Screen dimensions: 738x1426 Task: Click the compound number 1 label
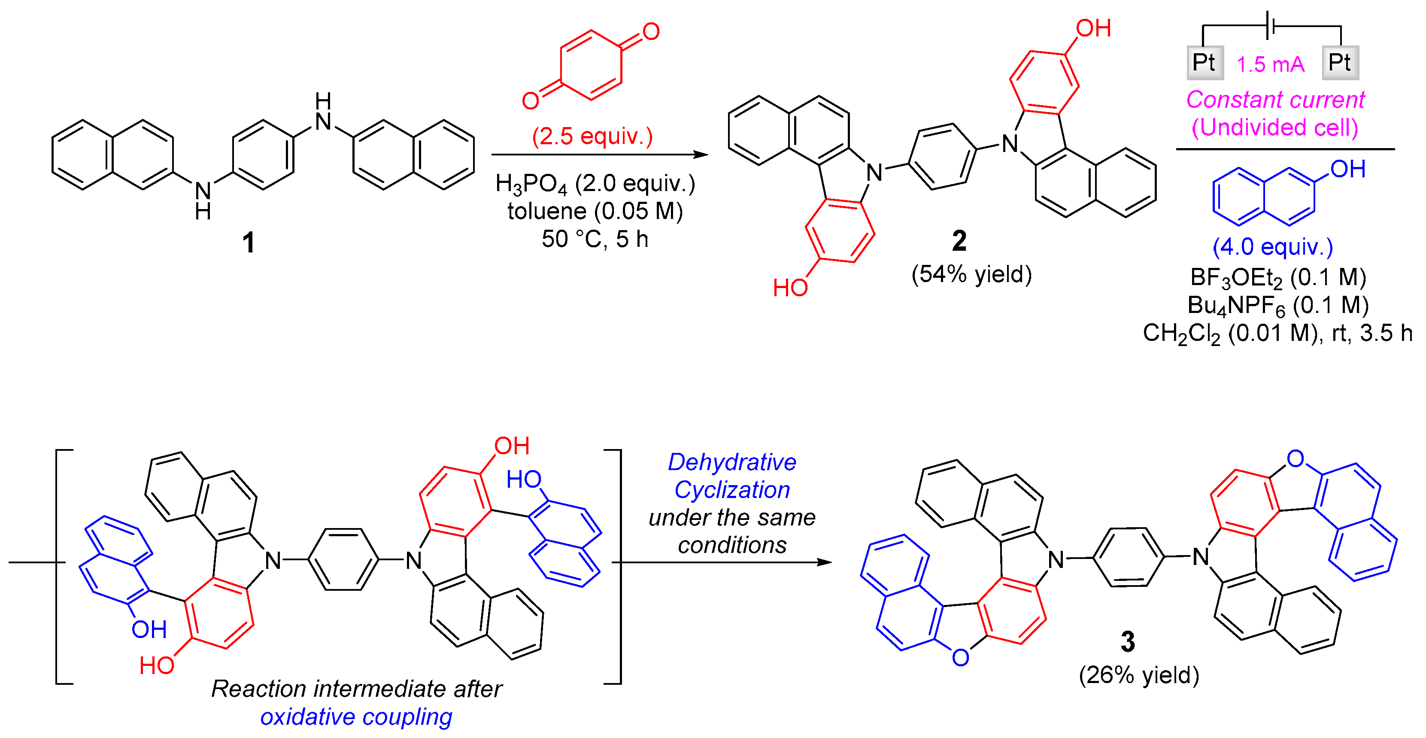(249, 243)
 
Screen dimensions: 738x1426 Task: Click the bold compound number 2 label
(959, 241)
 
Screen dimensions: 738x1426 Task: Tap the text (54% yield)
(971, 274)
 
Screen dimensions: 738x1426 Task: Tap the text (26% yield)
(1139, 675)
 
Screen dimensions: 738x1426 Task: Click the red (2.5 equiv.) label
(592, 136)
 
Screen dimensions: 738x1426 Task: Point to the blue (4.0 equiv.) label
(1272, 246)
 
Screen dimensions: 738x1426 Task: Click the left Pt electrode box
(1205, 63)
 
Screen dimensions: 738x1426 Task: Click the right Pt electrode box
(1340, 63)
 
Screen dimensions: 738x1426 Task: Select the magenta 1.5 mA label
(1271, 64)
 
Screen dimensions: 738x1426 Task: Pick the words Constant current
(1275, 100)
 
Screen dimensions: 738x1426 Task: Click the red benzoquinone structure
(591, 65)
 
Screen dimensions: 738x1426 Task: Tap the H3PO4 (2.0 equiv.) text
(595, 184)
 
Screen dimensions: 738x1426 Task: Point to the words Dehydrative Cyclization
(732, 476)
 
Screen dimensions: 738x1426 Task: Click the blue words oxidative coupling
(356, 717)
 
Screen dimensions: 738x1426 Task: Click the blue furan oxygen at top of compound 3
(1296, 459)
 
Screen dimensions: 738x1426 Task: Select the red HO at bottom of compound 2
(790, 288)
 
